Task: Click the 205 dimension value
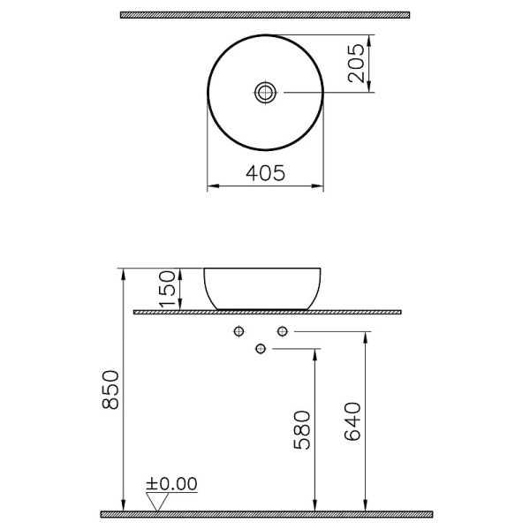coord(356,63)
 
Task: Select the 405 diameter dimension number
coord(265,175)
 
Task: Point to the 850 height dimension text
coord(110,390)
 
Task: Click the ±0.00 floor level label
coord(172,483)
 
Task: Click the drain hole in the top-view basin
coord(265,91)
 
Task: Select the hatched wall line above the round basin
coord(265,15)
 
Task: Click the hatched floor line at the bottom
coord(265,513)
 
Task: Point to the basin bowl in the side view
coord(263,288)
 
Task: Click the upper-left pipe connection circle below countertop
coord(238,331)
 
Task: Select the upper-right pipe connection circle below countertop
coord(283,331)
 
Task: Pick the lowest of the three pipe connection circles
coord(260,348)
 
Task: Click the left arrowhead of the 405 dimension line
coord(210,186)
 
